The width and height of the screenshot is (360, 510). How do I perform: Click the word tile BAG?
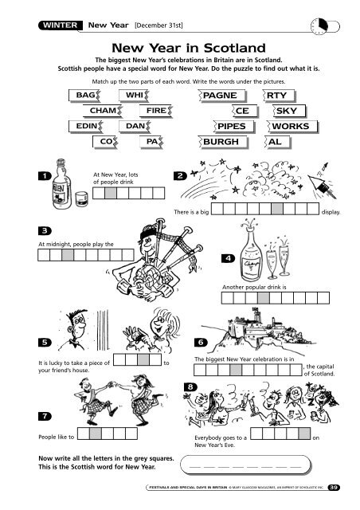coord(84,96)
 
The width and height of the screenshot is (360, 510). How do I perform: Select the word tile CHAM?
coord(103,111)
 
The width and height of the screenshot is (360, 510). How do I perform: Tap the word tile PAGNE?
coord(221,96)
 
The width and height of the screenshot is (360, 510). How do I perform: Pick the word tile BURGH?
coord(223,142)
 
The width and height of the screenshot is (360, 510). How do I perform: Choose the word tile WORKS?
coord(292,126)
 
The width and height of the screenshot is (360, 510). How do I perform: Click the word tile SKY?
coord(289,111)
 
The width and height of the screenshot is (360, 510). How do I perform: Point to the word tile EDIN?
coord(86,126)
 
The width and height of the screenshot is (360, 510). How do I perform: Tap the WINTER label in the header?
coord(61,25)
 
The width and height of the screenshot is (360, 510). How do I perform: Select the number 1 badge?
coord(45,176)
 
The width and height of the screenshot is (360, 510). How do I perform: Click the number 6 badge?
coord(201,342)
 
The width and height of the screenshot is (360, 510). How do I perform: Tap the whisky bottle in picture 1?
coord(62,184)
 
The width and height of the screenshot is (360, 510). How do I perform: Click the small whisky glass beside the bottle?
coord(81,198)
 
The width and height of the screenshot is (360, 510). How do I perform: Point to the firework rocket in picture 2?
coord(322,182)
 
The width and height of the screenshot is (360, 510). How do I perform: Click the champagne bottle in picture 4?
coord(251,253)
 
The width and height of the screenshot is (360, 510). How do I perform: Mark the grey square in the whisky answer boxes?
coord(111,193)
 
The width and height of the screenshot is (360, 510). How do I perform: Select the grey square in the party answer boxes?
coord(305,433)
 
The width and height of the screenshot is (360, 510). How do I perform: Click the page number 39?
coord(334,487)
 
